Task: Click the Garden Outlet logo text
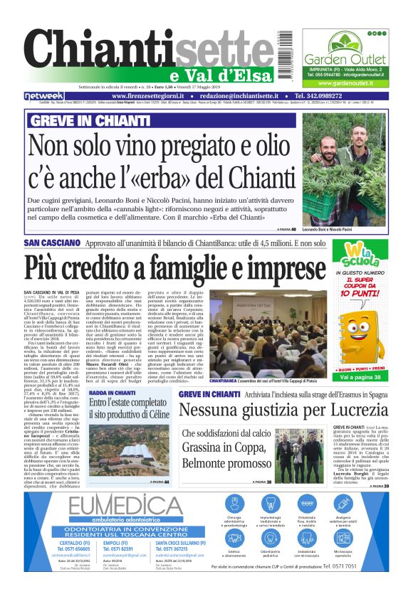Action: pos(343,58)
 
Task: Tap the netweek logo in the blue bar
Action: pos(44,95)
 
